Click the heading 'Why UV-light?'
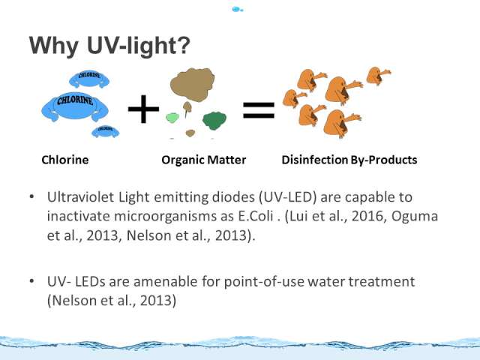pyautogui.click(x=109, y=46)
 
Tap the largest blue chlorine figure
pyautogui.click(x=75, y=106)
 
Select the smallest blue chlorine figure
pyautogui.click(x=105, y=131)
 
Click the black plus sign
pyautogui.click(x=143, y=109)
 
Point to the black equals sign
pyautogui.click(x=259, y=110)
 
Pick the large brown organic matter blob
pyautogui.click(x=192, y=85)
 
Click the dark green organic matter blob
pyautogui.click(x=214, y=121)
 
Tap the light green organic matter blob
pyautogui.click(x=172, y=118)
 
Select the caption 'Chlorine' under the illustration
pyautogui.click(x=65, y=160)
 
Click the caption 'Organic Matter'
pyautogui.click(x=203, y=160)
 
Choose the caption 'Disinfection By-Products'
pyautogui.click(x=349, y=160)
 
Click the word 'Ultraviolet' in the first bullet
pyautogui.click(x=80, y=196)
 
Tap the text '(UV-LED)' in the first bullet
pyautogui.click(x=287, y=197)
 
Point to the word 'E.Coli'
pyautogui.click(x=256, y=216)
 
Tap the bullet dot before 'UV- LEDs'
pyautogui.click(x=32, y=280)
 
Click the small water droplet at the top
pyautogui.click(x=237, y=9)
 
